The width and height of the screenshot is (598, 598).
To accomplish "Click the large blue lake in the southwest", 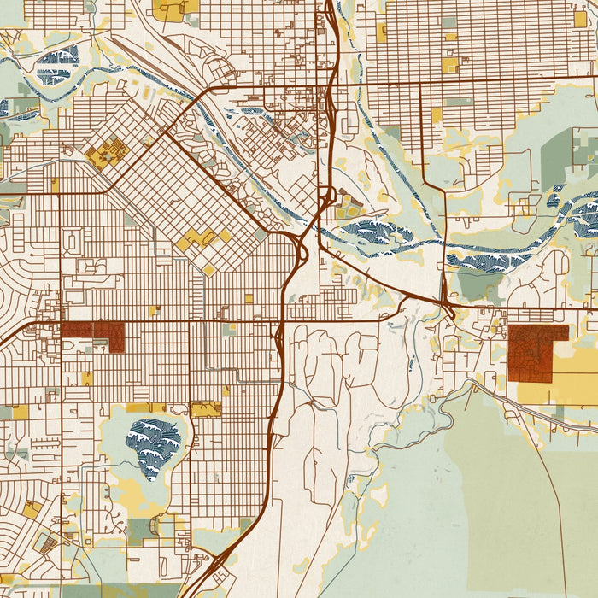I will click(x=154, y=441).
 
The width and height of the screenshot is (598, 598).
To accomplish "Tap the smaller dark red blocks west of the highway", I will click(x=92, y=332).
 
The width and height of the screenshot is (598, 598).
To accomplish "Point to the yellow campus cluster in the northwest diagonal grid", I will click(x=106, y=154).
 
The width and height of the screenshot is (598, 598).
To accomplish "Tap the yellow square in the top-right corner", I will click(x=580, y=19).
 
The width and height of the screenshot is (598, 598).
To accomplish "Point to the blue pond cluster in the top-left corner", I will click(x=58, y=64).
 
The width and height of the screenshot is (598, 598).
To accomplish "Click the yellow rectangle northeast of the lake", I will click(x=206, y=409).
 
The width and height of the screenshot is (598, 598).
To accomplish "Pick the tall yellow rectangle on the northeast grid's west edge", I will click(x=381, y=32).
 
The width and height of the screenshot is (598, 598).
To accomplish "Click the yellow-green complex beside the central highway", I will click(x=349, y=205).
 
